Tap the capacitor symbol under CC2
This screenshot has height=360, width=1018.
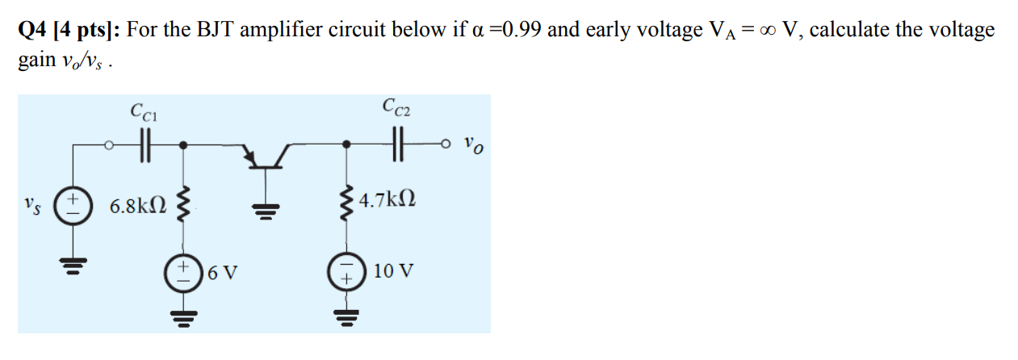396,147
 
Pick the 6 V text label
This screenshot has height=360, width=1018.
222,272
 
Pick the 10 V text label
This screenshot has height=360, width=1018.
394,271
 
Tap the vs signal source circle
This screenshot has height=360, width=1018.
71,203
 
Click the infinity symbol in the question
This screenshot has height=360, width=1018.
777,31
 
